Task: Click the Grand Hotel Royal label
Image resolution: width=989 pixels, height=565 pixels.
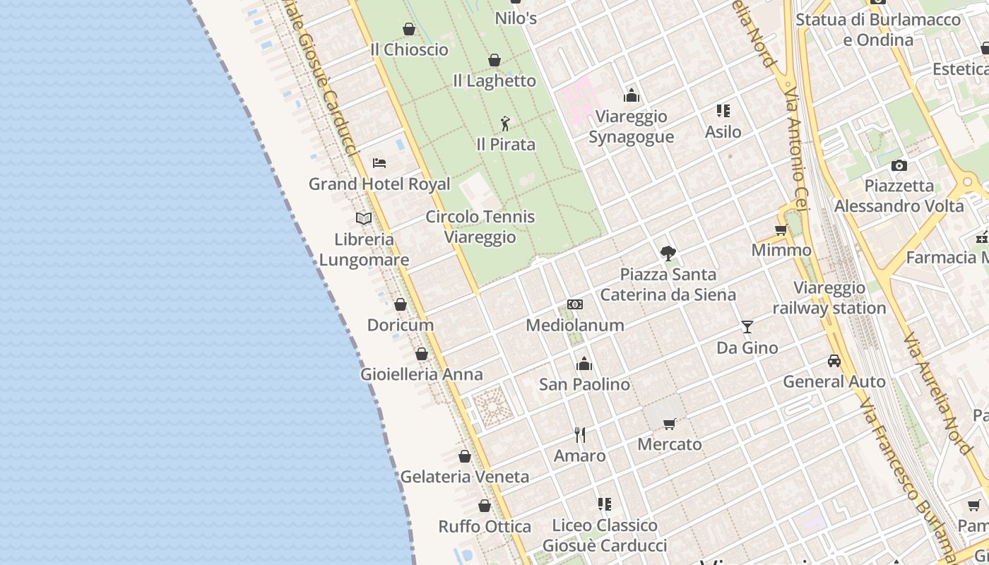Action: [379, 184]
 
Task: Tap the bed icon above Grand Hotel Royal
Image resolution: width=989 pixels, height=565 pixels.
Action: [379, 163]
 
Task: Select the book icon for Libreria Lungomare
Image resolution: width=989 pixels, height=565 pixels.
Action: [364, 218]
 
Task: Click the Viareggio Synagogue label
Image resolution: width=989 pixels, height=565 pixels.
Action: [631, 126]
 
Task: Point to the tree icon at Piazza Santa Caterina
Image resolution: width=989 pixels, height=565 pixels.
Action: [668, 253]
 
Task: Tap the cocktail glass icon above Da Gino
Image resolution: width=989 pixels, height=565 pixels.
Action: [747, 326]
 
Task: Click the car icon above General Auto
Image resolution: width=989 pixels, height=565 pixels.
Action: [834, 361]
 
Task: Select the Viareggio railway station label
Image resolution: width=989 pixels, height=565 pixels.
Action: [829, 298]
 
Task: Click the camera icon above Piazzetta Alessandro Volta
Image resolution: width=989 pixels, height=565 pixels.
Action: [899, 165]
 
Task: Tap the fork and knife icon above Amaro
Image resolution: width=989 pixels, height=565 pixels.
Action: [580, 434]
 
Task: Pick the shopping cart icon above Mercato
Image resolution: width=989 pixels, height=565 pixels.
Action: [669, 424]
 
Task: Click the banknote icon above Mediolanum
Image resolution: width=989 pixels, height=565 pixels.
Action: [575, 304]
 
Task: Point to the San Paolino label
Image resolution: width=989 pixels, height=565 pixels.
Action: [584, 385]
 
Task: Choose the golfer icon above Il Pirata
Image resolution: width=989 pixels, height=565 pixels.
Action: [505, 124]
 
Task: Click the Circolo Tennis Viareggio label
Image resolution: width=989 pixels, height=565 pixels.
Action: [480, 227]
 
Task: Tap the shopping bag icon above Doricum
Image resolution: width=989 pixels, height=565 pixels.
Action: [401, 304]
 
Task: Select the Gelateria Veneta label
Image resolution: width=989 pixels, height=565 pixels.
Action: [465, 477]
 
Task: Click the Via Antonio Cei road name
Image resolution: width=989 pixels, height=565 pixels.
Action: [796, 149]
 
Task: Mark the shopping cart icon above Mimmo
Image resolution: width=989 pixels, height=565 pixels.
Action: [781, 230]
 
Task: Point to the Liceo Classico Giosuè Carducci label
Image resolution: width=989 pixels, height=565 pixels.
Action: [605, 535]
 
